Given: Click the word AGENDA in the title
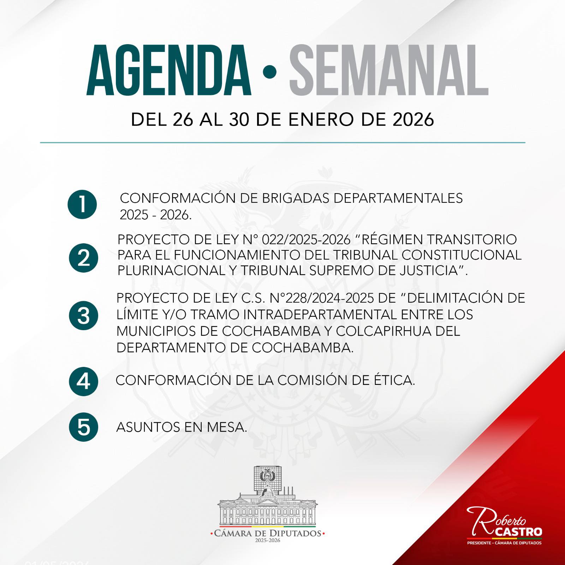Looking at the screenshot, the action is coord(169,70).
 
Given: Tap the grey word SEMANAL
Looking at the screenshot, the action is coord(389,70).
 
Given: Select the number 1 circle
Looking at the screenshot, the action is coord(82,204).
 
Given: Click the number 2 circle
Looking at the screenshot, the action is coord(84,258).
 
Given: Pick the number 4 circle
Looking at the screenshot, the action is coord(84,381).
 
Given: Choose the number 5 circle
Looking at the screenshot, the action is coord(84,427).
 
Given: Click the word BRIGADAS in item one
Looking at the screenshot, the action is coord(296,198).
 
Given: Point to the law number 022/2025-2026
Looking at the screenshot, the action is coord(306,239).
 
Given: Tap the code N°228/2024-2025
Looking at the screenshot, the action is coord(321,298).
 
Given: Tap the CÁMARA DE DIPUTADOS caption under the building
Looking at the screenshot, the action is coord(267,533).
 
